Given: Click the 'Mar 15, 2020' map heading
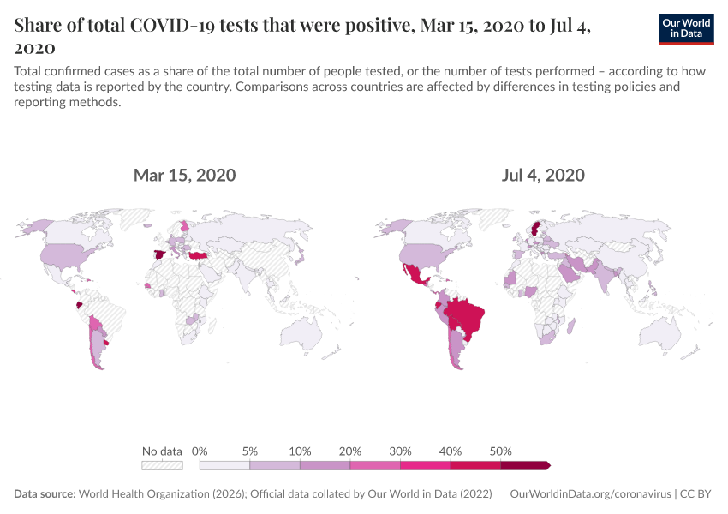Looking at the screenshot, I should pyautogui.click(x=184, y=176).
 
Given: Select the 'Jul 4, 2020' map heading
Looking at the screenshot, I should pyautogui.click(x=543, y=176).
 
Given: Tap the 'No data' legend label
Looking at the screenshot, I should pyautogui.click(x=162, y=451).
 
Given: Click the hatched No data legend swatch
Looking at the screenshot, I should pyautogui.click(x=162, y=465).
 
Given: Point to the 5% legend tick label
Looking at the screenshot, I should pyautogui.click(x=250, y=451).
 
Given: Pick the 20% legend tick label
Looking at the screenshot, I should pyautogui.click(x=350, y=451).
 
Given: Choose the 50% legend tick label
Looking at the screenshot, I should pyautogui.click(x=501, y=451).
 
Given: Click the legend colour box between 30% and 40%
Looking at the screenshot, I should pyautogui.click(x=425, y=465).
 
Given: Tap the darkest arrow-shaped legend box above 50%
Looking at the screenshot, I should pyautogui.click(x=525, y=465).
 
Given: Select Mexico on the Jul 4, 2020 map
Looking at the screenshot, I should pyautogui.click(x=418, y=276).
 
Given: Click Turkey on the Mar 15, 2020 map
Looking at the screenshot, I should pyautogui.click(x=200, y=256).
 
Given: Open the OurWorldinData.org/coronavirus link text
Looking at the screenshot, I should pyautogui.click(x=589, y=494).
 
